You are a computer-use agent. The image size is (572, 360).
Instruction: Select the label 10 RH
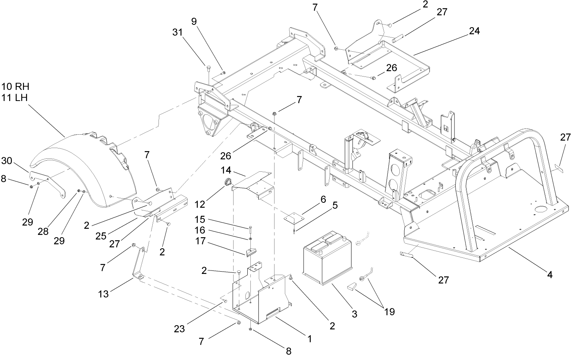[15, 87]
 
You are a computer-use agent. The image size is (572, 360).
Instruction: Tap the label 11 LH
[15, 98]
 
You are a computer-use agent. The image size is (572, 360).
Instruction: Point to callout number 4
[550, 274]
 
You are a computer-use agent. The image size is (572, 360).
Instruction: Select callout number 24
[474, 31]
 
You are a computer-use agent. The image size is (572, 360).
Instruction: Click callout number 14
[226, 169]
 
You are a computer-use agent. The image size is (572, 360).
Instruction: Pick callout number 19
[389, 312]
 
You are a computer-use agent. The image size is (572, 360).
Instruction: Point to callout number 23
[180, 328]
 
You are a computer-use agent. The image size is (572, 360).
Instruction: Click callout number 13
[103, 293]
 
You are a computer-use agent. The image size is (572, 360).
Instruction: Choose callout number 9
[194, 22]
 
